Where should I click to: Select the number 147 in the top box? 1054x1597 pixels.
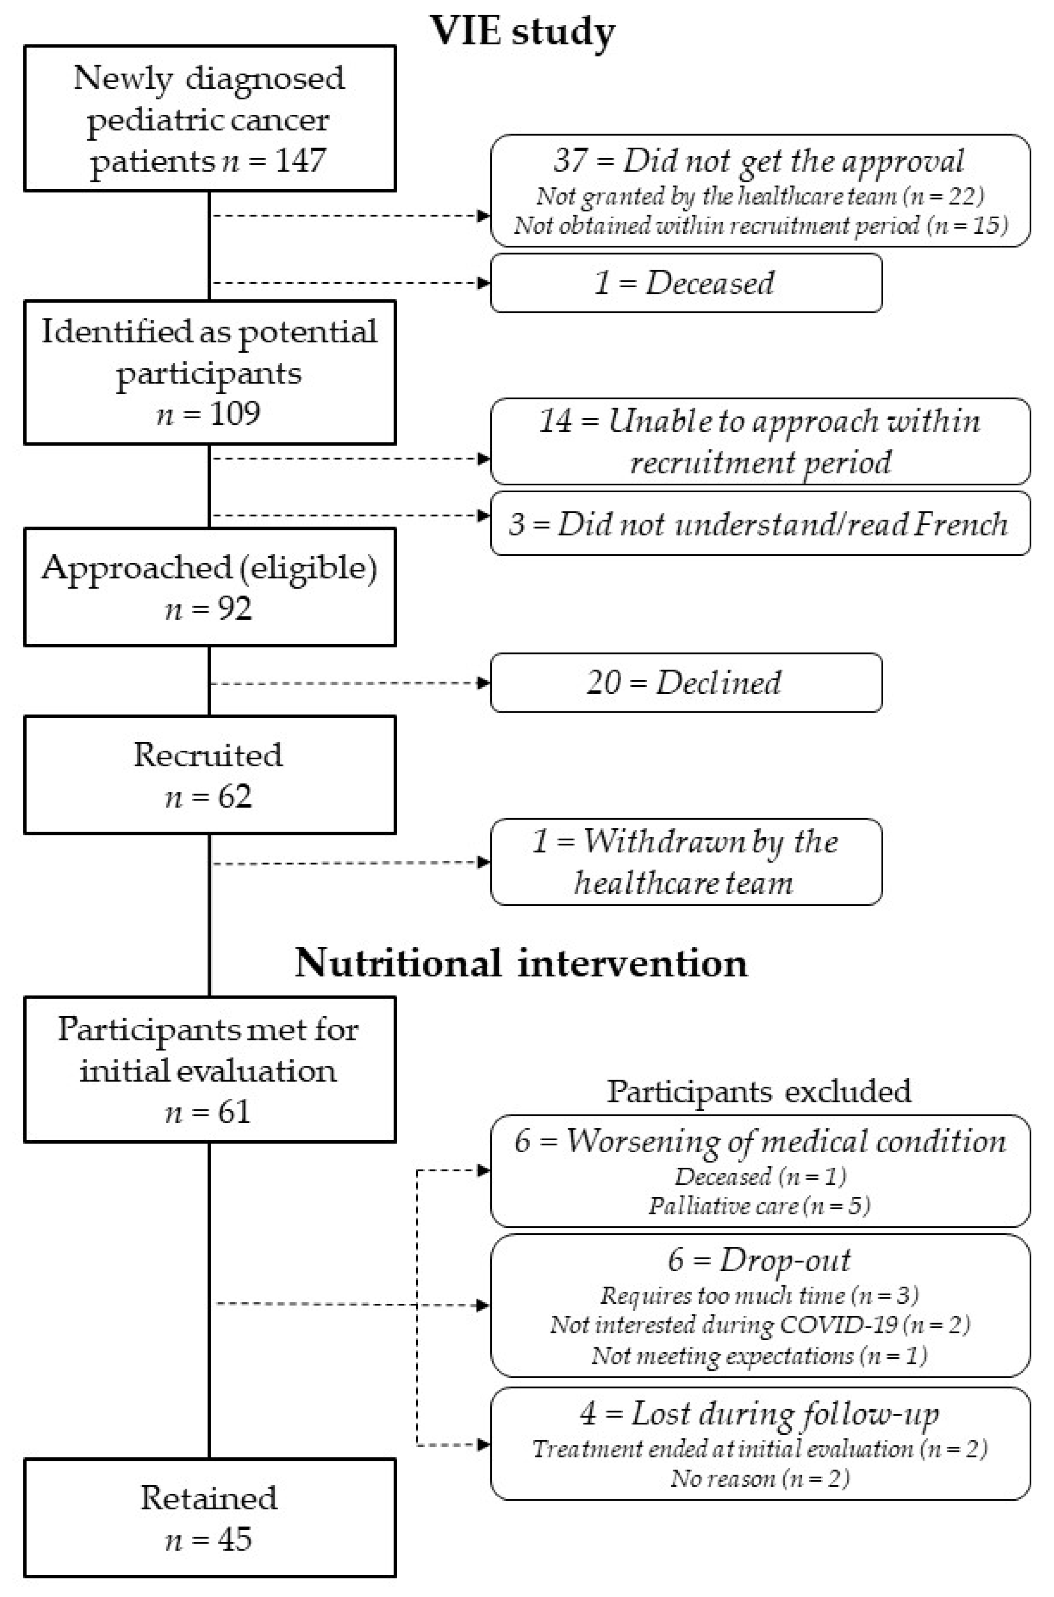301,161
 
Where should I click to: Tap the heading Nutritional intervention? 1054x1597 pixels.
521,963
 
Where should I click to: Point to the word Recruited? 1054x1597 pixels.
208,754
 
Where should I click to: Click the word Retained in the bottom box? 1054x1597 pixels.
208,1498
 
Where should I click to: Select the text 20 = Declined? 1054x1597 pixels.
684,682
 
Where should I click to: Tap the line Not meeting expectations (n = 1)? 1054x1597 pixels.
759,1355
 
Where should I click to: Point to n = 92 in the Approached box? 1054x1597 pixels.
208,608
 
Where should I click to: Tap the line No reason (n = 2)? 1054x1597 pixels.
759,1478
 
